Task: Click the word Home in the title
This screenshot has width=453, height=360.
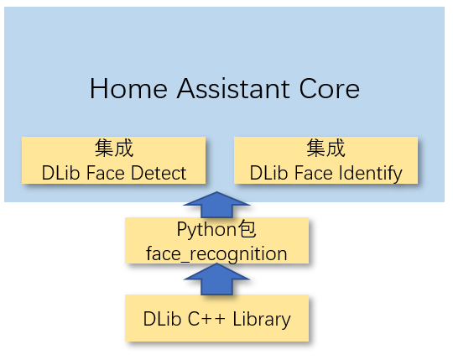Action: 128,88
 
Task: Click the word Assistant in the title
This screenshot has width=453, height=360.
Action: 233,88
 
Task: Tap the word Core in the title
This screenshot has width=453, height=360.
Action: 330,88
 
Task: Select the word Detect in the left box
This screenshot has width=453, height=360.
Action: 159,173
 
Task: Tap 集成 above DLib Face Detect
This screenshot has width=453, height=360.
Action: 114,148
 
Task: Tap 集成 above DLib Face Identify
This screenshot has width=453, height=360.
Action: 325,148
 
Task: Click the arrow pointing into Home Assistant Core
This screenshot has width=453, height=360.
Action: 216,205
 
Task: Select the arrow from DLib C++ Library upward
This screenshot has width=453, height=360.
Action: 216,279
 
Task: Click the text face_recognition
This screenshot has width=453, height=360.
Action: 216,254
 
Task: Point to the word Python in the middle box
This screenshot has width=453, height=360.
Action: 206,230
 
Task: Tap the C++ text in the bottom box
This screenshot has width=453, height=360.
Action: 206,319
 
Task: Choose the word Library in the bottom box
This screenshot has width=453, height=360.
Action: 262,320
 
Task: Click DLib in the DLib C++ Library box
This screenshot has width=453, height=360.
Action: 162,319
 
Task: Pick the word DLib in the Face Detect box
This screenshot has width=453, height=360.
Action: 60,173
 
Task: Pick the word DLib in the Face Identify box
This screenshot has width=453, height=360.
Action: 269,173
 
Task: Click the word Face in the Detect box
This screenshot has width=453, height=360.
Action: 105,173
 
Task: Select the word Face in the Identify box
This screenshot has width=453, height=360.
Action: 314,173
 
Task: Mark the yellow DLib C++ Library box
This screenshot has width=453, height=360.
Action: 217,318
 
